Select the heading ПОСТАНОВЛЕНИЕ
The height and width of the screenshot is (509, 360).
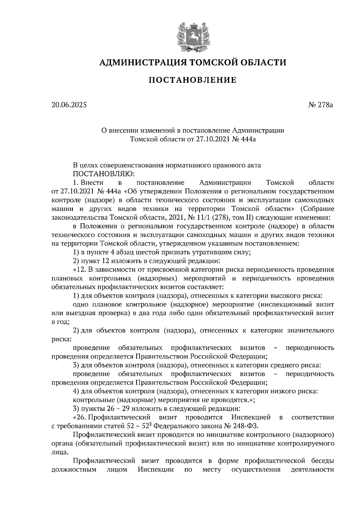click(193, 80)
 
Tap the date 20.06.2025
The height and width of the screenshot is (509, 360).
click(69, 105)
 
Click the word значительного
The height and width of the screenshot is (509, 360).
click(311, 330)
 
